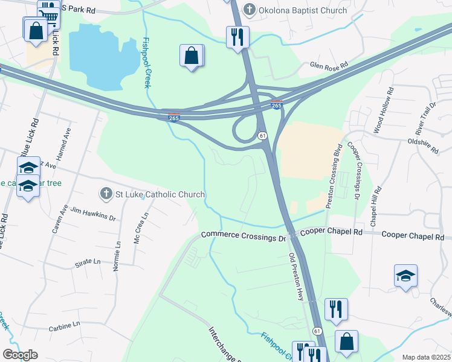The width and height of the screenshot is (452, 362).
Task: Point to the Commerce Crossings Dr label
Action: pyautogui.click(x=243, y=236)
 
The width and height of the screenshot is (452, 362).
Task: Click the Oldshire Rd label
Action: pyautogui.click(x=422, y=143)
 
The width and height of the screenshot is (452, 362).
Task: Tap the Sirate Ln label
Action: pyautogui.click(x=88, y=262)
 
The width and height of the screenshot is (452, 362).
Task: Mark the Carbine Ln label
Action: pyautogui.click(x=65, y=325)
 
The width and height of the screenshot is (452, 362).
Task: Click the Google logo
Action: pyautogui.click(x=20, y=355)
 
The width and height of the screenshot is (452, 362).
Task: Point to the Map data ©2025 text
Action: pyautogui.click(x=425, y=357)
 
